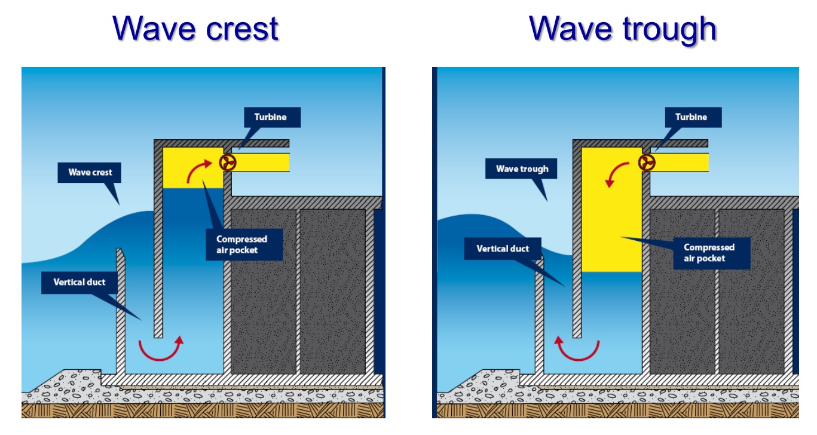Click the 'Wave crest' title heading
[x=196, y=29]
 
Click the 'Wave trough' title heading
[x=622, y=29]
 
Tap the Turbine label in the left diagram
[x=272, y=117]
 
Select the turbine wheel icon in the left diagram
[x=228, y=162]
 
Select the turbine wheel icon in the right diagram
[x=647, y=162]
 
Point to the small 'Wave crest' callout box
[x=90, y=173]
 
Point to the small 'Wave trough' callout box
[x=522, y=169]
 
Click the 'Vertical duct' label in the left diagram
[x=79, y=282]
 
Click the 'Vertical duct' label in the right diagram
[x=503, y=249]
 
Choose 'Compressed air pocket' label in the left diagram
[x=241, y=244]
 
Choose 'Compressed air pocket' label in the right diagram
[x=709, y=253]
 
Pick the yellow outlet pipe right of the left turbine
[x=263, y=162]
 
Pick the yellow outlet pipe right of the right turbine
[x=681, y=162]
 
